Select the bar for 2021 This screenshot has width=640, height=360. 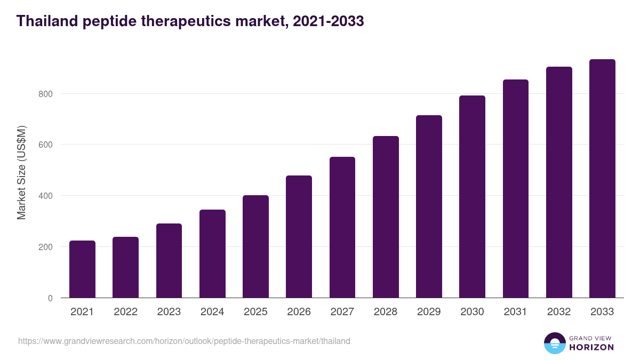pos(82,269)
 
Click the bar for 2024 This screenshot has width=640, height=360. pos(212,254)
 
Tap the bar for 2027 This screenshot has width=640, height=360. pos(342,227)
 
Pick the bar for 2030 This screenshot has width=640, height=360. pos(472,197)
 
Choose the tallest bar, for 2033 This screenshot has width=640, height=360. pos(602,179)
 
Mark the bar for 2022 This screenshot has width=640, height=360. pos(125,267)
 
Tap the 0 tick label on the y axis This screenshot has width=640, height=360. pos(50,298)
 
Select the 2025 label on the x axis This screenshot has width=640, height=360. pos(255,312)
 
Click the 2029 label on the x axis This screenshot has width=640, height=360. pos(429,312)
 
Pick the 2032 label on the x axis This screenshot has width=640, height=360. pos(559,312)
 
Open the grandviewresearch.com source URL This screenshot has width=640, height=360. pos(184,341)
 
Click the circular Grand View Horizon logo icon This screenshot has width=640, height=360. pos(554,343)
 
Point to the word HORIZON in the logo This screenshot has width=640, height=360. pos(591,347)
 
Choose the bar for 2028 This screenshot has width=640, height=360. pos(386,217)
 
